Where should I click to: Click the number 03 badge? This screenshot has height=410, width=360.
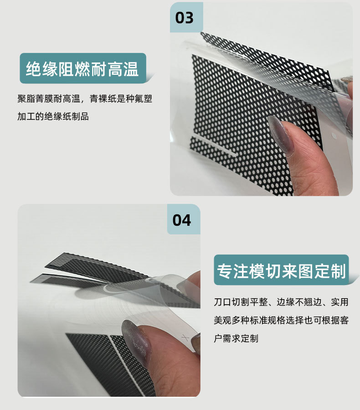186,17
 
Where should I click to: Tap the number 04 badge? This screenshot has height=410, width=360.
184,219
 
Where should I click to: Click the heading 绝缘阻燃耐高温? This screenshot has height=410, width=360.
82,68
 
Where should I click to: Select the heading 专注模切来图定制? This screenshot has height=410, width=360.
281,270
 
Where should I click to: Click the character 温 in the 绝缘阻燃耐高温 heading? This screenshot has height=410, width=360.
131,69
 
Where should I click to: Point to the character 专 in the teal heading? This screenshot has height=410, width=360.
225,270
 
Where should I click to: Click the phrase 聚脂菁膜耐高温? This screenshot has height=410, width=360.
49,99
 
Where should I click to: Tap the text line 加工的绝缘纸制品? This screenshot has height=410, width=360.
53,116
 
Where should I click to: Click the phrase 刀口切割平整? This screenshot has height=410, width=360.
240,302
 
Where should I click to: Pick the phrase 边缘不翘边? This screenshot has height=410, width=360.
299,302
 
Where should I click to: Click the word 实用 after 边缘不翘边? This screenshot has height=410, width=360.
339,302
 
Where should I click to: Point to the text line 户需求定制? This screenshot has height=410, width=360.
236,338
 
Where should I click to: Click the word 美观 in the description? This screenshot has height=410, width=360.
222,320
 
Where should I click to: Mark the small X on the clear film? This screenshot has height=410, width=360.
185,338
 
